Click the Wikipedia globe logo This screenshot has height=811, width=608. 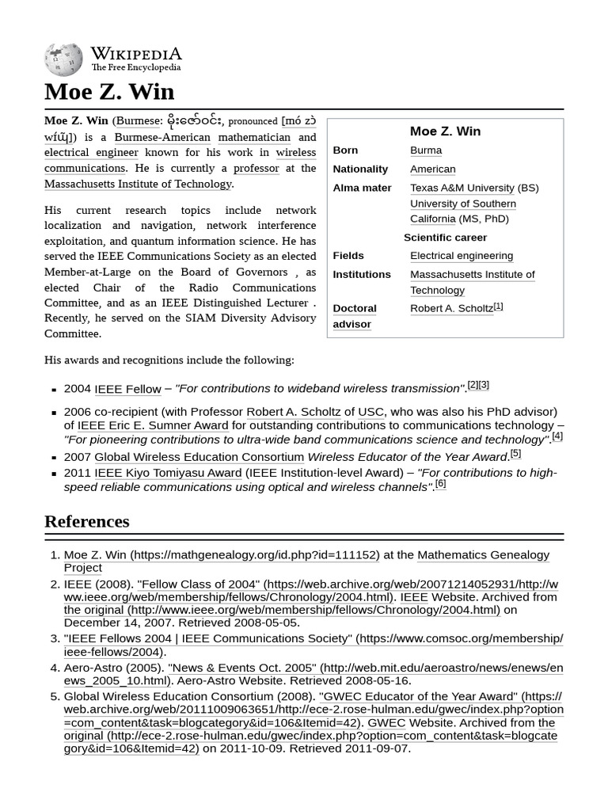pos(63,59)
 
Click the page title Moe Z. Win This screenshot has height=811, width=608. pos(108,92)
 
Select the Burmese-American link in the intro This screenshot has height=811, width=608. pos(162,137)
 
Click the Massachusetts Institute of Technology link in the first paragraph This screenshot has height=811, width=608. pos(138,184)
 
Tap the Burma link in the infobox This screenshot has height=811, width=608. pos(426,150)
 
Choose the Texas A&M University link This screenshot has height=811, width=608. pos(462,188)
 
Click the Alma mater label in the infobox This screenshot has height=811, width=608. pos(362,188)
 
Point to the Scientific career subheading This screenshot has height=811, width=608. pos(445,238)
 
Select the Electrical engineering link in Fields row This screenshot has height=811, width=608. pos(461,256)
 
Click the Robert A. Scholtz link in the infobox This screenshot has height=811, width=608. pos(451,308)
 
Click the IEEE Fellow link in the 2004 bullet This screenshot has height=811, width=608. pos(127,389)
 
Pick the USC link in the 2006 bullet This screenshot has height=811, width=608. pos(370,412)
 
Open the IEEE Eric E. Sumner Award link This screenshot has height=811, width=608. pos(153,425)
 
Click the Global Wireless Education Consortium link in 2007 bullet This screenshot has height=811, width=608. pos(199,457)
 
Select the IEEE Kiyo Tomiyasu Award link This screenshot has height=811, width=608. pos(168,473)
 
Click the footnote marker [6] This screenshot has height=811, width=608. pos(440,485)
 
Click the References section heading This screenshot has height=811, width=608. pos(86,521)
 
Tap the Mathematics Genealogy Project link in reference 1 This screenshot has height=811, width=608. pos(483,555)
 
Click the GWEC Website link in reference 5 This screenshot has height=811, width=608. pos(386,722)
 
